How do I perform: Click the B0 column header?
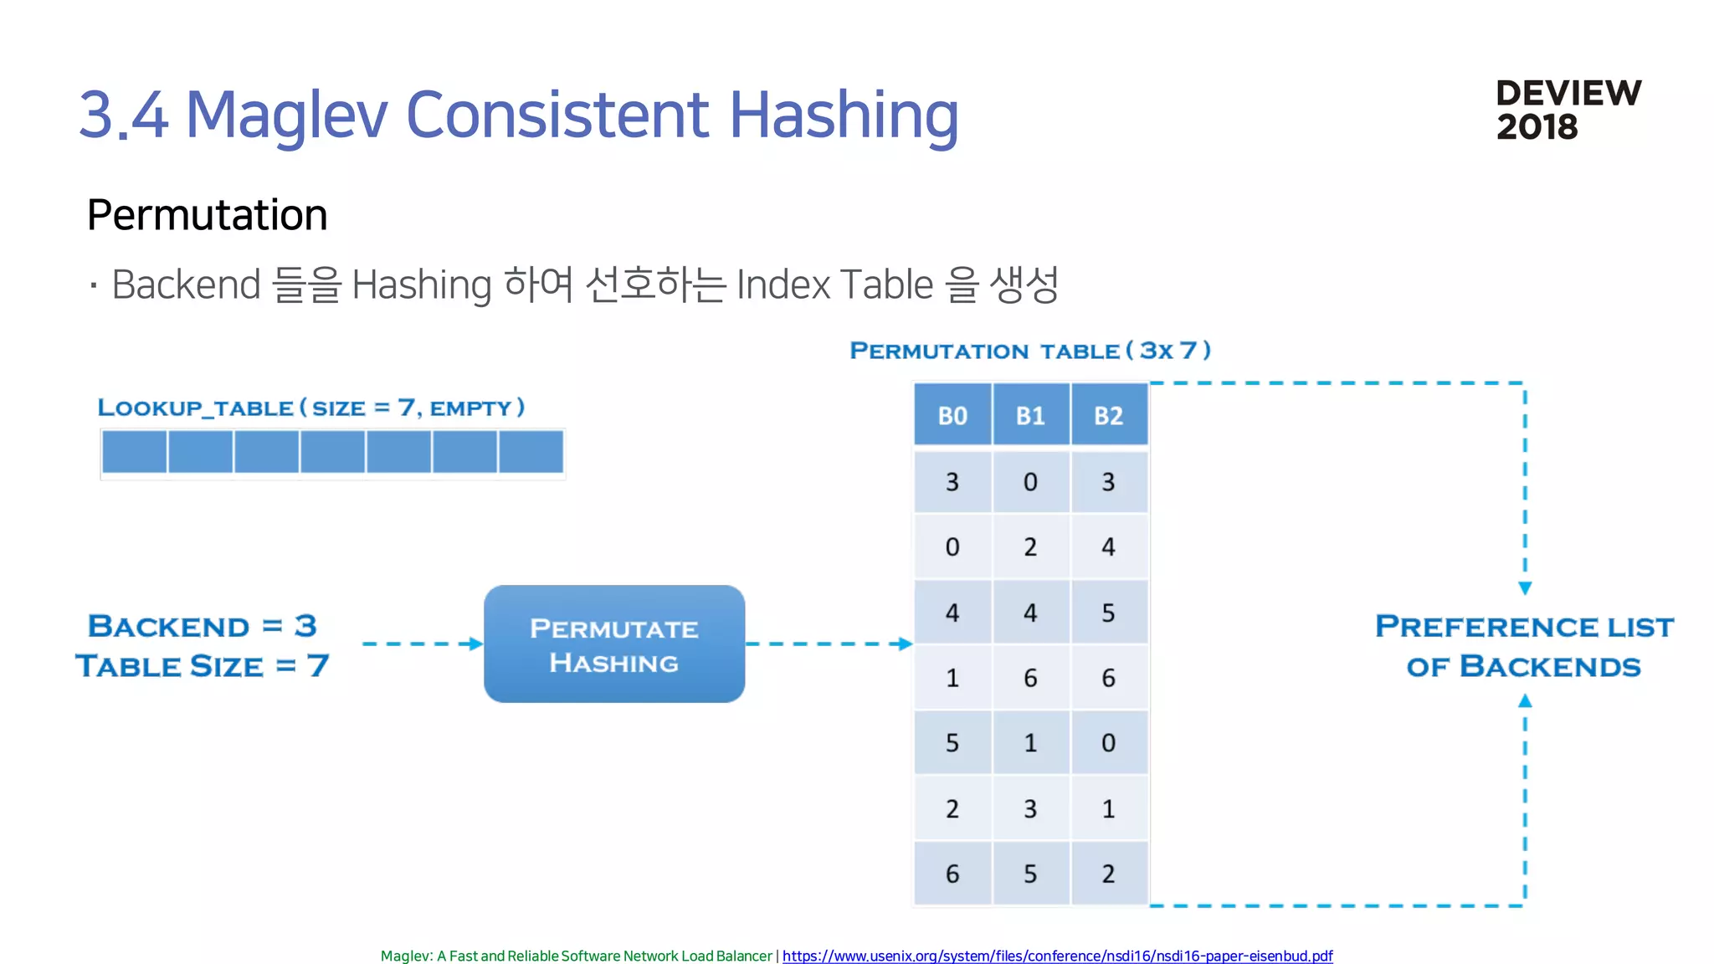(x=952, y=415)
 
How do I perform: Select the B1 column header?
(x=1030, y=415)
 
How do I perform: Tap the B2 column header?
(x=1108, y=415)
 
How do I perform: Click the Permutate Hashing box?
(x=614, y=644)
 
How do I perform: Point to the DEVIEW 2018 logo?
(x=1568, y=110)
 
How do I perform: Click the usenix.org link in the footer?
(x=1057, y=956)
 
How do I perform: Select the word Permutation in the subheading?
(x=207, y=215)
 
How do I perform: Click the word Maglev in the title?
(x=286, y=115)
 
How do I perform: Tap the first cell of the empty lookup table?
(x=134, y=452)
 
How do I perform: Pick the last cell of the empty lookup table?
(x=531, y=452)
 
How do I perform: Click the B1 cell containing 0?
(x=1030, y=482)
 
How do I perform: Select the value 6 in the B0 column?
(x=952, y=874)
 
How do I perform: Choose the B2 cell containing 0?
(x=1108, y=743)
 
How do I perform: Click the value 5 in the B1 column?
(x=1030, y=874)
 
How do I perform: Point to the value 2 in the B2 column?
(x=1108, y=874)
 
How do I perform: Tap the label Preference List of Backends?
(x=1524, y=646)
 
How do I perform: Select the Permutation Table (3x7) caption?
(x=1030, y=351)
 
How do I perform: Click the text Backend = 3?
(x=202, y=626)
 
